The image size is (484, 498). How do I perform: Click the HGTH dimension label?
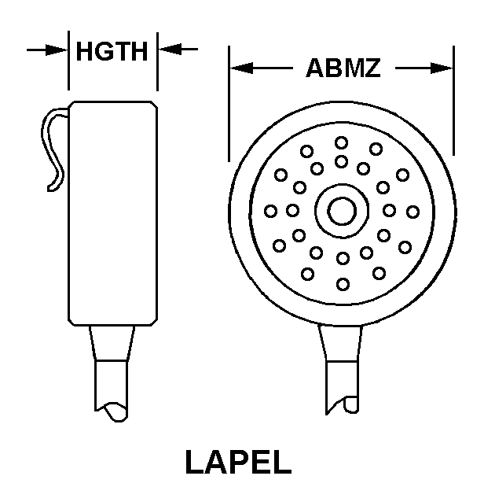coord(112,51)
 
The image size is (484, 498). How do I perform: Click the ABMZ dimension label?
coord(343,68)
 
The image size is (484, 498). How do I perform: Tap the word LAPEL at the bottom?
coord(238,462)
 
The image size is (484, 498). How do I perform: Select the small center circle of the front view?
coord(342,211)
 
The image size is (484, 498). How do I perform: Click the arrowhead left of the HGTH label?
coord(57,50)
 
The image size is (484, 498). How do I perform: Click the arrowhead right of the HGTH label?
coord(170,50)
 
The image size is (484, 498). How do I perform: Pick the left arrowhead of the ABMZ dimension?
coord(241,68)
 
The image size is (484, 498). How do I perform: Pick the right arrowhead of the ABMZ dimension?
coord(442,68)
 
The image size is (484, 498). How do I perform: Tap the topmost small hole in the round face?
coord(341,143)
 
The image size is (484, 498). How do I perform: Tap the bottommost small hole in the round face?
coord(343,284)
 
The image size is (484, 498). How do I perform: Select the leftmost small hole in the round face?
coord(270,211)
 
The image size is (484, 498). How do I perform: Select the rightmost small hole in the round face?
coord(413,212)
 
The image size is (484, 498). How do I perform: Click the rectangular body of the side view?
coord(113,213)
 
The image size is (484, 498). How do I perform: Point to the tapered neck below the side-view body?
coord(112,343)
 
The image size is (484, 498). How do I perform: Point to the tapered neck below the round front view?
coord(340,343)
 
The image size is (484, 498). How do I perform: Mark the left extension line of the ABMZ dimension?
coord(229,104)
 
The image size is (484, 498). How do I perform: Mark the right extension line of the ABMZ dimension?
coord(454,101)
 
